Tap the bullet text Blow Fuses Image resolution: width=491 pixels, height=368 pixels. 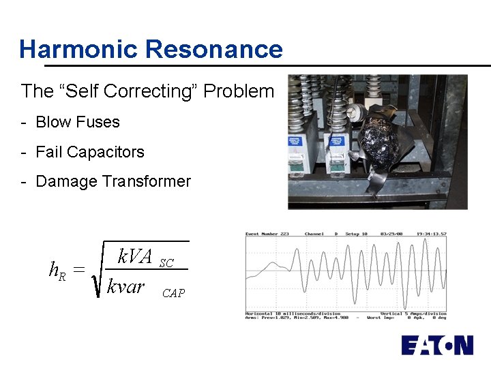[x=77, y=122]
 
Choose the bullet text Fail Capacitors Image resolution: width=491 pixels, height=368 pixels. [x=89, y=152]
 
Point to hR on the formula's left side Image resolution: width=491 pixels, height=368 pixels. [x=57, y=270]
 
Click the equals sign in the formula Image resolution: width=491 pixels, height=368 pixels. [x=79, y=270]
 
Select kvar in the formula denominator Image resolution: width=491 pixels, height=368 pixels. [x=126, y=286]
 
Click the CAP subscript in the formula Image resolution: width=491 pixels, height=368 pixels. [x=173, y=293]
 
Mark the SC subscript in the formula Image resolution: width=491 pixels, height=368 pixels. [x=166, y=263]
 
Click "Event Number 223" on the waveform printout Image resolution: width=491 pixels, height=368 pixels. [x=267, y=234]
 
